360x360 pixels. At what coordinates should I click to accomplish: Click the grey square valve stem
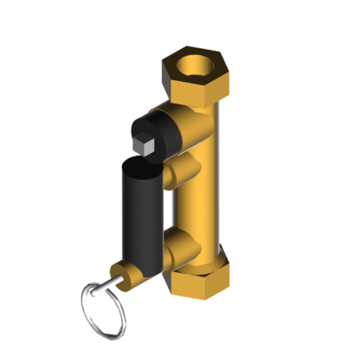pyautogui.click(x=143, y=143)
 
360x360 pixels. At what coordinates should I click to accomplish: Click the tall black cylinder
pyautogui.click(x=141, y=218)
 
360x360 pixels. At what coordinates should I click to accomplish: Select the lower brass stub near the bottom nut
pyautogui.click(x=180, y=245)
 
